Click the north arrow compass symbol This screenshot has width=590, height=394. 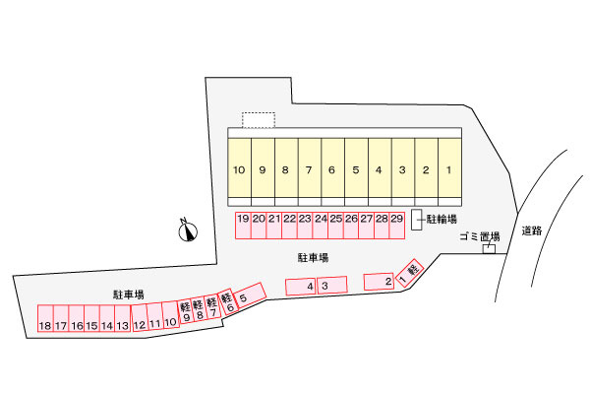[188, 230]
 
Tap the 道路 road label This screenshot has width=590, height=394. [532, 230]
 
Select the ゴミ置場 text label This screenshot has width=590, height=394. [480, 236]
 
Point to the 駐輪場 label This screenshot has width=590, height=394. [442, 219]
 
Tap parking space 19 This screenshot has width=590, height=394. [243, 226]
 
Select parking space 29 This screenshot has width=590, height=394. [397, 226]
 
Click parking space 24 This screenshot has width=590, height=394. [321, 226]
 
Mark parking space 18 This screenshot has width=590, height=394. [45, 318]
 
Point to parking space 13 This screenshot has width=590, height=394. [122, 318]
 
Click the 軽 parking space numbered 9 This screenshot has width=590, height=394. [186, 311]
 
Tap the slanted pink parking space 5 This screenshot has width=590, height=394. [249, 295]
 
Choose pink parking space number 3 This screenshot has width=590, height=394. [332, 285]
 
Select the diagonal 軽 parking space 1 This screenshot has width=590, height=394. [410, 273]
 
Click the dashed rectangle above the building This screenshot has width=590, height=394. [258, 120]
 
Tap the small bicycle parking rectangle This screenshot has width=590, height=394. [416, 220]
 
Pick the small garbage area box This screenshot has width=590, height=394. [489, 249]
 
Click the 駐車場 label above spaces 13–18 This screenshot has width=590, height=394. [128, 295]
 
